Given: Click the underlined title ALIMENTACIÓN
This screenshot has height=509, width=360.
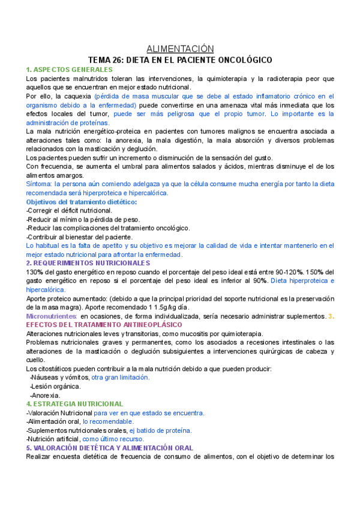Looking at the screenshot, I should pyautogui.click(x=180, y=49).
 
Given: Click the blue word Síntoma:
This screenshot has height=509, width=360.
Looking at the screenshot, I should pyautogui.click(x=40, y=184).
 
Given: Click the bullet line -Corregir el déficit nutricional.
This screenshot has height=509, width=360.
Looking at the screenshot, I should pyautogui.click(x=70, y=211).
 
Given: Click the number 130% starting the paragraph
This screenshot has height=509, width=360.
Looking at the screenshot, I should pyautogui.click(x=35, y=272).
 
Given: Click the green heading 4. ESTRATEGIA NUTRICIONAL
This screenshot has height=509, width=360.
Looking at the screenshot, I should pyautogui.click(x=75, y=404).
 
